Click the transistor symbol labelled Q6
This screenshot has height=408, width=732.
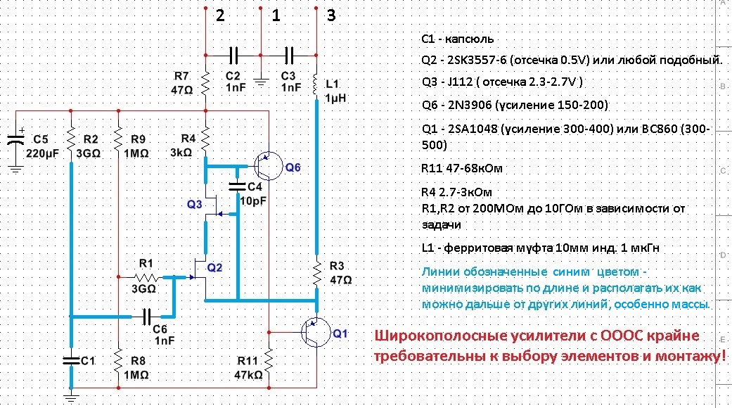269,166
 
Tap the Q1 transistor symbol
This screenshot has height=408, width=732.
316,333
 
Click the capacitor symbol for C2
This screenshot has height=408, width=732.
233,56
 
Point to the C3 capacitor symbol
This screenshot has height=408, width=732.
289,56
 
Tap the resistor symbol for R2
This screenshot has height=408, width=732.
71,139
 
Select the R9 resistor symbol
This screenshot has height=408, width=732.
119,139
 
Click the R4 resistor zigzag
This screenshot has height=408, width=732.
205,139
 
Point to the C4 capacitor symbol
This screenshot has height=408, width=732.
237,186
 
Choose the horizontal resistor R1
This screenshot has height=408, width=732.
146,277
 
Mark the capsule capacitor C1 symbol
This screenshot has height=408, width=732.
71,360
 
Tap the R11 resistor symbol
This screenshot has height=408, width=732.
269,360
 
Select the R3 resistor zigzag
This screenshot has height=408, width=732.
316,274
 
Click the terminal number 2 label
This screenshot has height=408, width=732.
220,16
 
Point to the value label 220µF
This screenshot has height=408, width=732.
42,153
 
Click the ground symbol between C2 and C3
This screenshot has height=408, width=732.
260,82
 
